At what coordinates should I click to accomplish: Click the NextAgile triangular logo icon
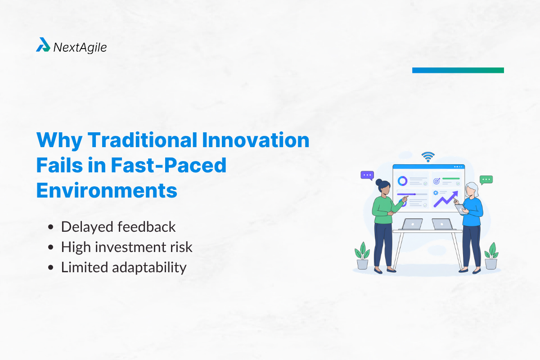tap(43, 45)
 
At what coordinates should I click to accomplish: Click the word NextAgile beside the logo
tap(80, 47)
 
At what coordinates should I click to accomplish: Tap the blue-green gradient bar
tap(458, 70)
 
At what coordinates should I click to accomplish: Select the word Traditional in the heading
tap(141, 141)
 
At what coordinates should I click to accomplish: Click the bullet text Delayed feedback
tap(118, 227)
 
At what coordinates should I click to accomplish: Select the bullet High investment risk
tap(126, 247)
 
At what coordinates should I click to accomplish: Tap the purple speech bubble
tap(367, 175)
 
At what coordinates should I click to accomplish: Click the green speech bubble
tap(486, 180)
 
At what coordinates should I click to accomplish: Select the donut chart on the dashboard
tap(402, 181)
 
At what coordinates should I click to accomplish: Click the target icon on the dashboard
tap(436, 181)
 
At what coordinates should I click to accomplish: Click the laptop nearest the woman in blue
tap(441, 224)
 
